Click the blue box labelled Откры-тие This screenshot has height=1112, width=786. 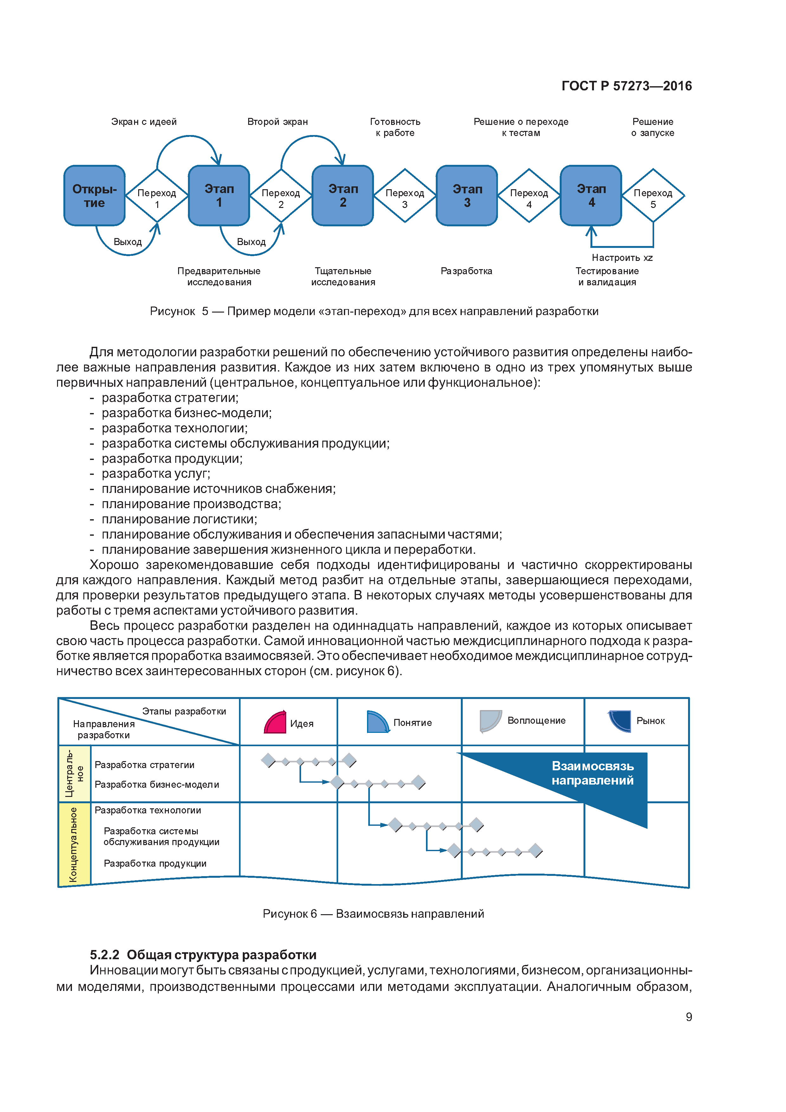(x=94, y=196)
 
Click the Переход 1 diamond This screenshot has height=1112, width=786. (x=157, y=196)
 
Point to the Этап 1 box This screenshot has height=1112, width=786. (x=219, y=196)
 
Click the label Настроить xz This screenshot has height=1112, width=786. (x=622, y=258)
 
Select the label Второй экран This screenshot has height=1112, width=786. (x=278, y=121)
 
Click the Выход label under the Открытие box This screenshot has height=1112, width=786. (x=127, y=242)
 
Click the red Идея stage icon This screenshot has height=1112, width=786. (x=275, y=722)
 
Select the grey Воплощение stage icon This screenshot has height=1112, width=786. (x=490, y=721)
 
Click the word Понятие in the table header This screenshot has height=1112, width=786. (x=412, y=723)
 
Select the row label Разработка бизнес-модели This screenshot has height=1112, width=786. (x=157, y=784)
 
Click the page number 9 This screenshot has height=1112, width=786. (x=688, y=1017)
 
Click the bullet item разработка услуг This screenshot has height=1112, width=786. (x=155, y=473)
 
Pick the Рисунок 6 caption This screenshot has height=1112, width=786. (x=373, y=914)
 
